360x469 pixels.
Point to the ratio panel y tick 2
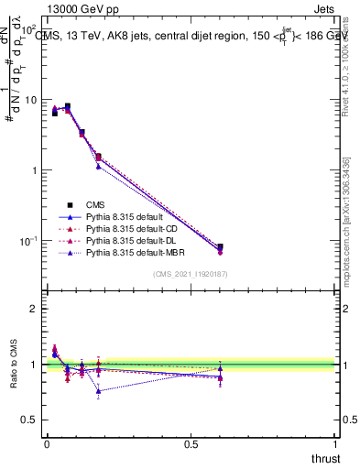33,309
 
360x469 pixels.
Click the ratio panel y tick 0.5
28,420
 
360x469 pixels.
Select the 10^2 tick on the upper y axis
29,30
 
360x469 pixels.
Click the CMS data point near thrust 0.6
220,247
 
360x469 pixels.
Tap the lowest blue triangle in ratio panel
98,391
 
